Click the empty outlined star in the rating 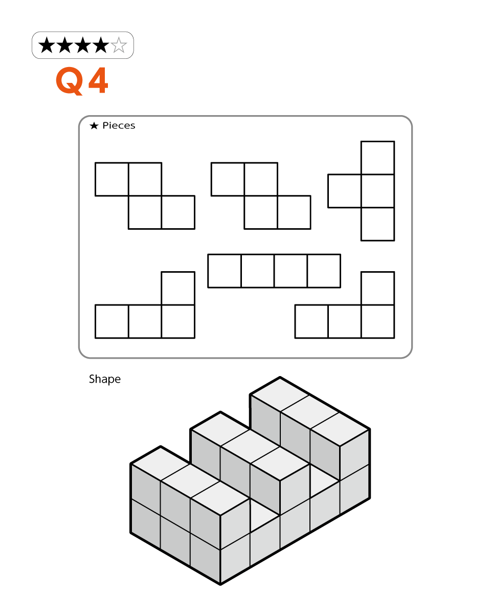click(119, 45)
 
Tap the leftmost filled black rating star click(47, 45)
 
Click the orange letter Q click(69, 81)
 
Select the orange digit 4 click(98, 80)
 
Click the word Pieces click(119, 125)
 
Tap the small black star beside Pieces click(94, 125)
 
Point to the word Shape click(105, 379)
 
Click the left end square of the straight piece click(224, 271)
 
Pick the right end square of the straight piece click(324, 271)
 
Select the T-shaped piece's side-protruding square click(344, 191)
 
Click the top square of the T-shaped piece click(378, 158)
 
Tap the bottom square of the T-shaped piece click(378, 224)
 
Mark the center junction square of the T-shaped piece click(378, 191)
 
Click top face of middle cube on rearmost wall click(309, 412)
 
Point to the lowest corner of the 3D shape click(220, 585)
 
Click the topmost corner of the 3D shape click(280, 377)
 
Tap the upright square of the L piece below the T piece click(378, 289)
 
